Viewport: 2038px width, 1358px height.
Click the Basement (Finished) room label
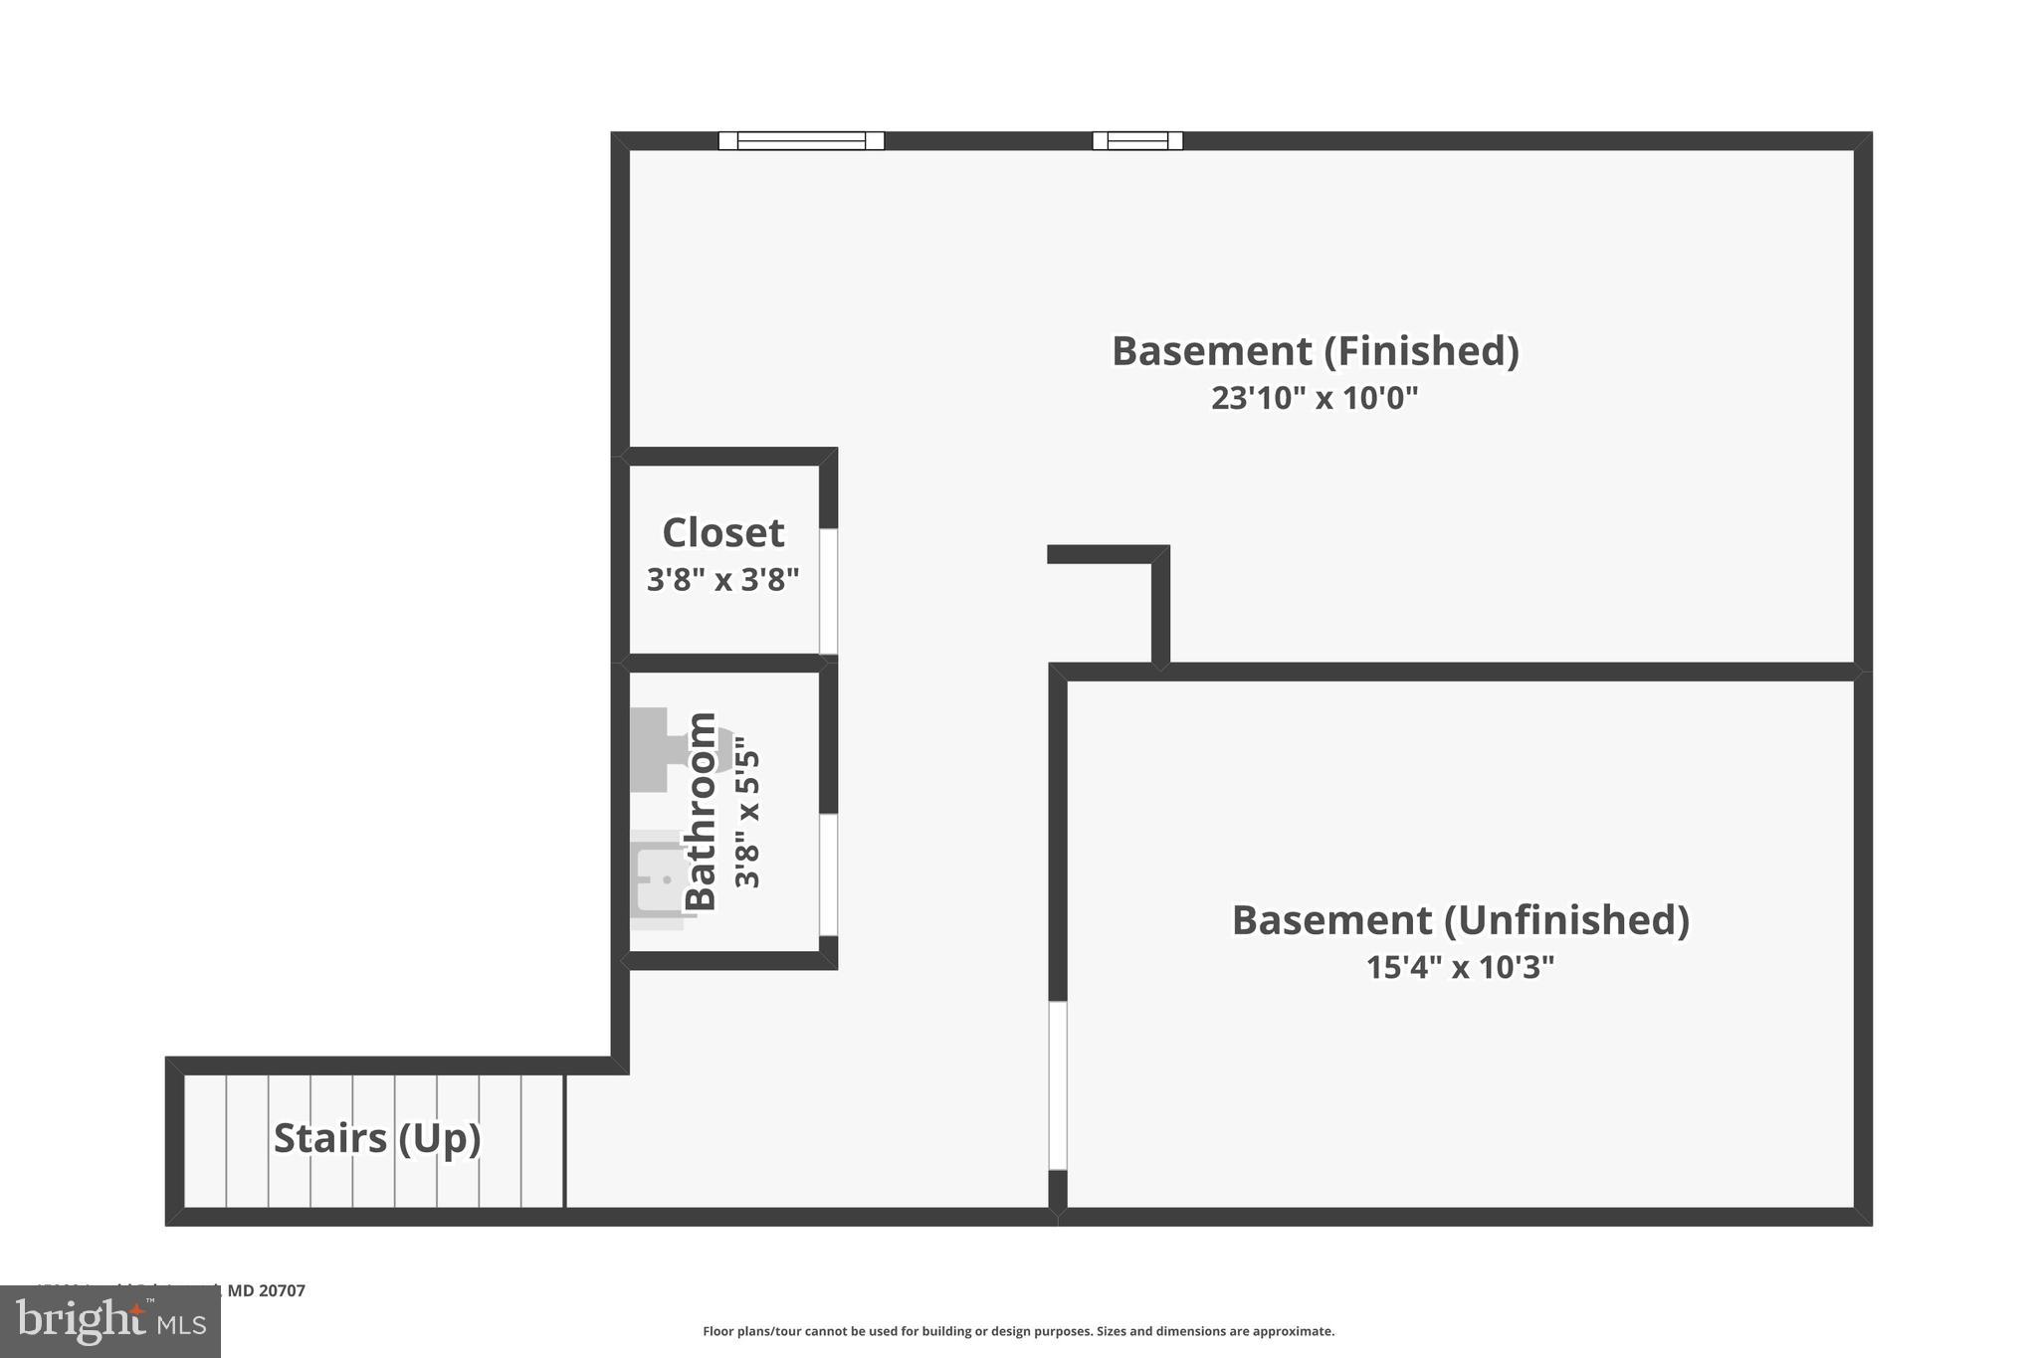pos(1315,351)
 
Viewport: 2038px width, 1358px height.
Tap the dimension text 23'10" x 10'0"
pos(1315,398)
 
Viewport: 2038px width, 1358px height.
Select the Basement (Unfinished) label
pos(1460,920)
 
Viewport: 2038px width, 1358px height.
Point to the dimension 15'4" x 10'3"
pos(1460,967)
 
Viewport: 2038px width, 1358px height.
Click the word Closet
pos(723,533)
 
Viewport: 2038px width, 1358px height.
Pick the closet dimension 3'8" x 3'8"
pos(723,579)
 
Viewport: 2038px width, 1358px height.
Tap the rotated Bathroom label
pos(702,811)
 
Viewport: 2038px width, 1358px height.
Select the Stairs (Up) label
pos(377,1138)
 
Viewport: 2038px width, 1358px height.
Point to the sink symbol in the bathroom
pos(659,879)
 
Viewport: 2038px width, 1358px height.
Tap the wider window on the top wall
pos(801,141)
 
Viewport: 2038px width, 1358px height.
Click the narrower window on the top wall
pos(1137,141)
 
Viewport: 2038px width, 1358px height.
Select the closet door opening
pos(828,591)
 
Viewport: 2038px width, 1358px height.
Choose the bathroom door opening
pos(828,874)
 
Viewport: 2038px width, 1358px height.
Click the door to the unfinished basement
pos(1058,1085)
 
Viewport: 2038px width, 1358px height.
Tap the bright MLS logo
pos(110,1322)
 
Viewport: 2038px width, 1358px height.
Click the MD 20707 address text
pos(266,1290)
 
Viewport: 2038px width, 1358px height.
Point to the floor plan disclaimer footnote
pos(1018,1331)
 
